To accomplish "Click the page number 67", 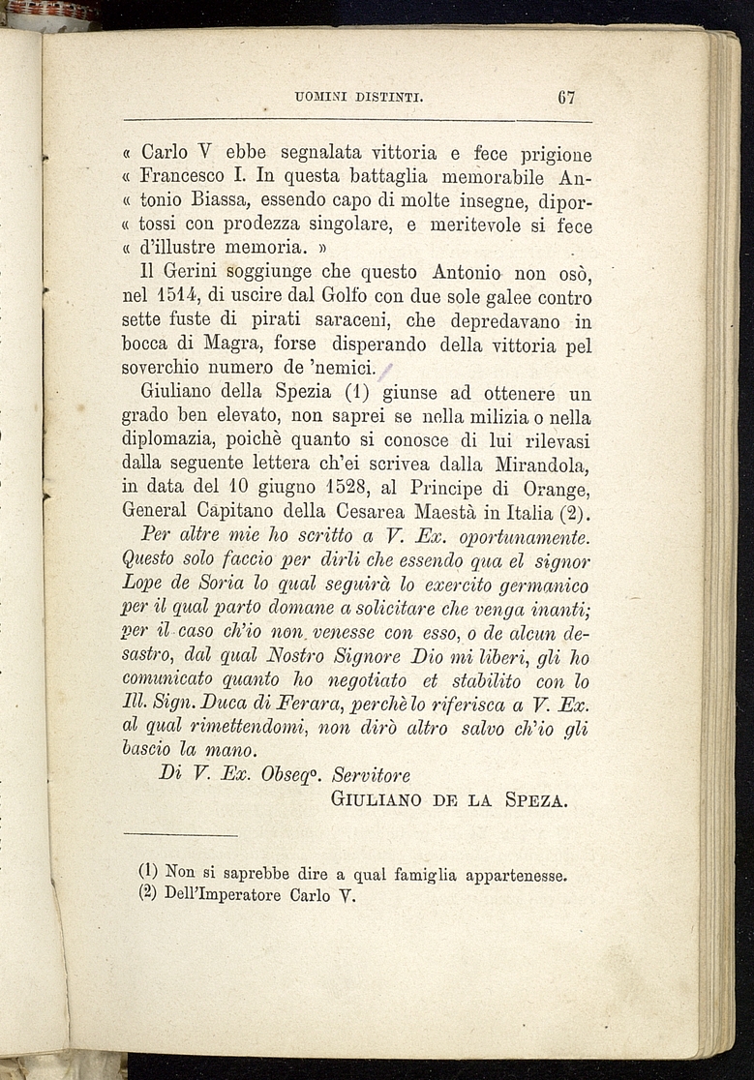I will pos(567,97).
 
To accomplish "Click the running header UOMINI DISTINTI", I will pos(361,97).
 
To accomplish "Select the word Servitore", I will pos(372,775).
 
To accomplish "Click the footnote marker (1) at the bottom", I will pos(149,871).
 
